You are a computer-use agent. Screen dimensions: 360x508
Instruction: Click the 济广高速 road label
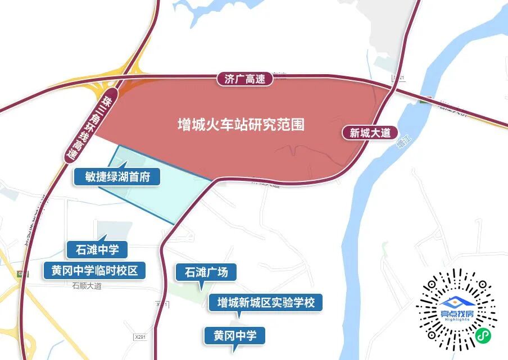click(x=244, y=79)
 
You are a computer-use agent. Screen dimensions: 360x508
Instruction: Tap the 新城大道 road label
click(x=370, y=133)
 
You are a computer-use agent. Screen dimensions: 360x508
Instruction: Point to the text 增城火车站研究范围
click(x=241, y=124)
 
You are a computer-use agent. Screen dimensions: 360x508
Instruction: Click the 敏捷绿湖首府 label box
click(x=117, y=177)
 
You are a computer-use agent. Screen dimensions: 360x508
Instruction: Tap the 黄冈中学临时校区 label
click(x=95, y=271)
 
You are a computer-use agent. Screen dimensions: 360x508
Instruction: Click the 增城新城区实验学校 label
click(x=266, y=303)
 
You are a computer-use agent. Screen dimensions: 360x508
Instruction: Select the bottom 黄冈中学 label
click(x=234, y=336)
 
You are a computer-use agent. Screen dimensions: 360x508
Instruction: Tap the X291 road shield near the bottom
click(x=142, y=336)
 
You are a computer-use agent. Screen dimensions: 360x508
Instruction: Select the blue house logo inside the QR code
click(x=456, y=302)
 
